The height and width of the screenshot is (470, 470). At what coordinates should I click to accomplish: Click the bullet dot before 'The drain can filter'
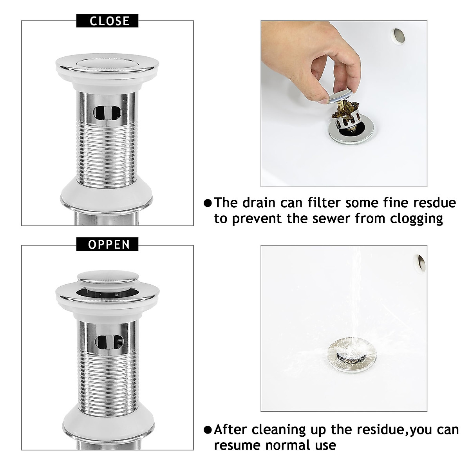point(208,203)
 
